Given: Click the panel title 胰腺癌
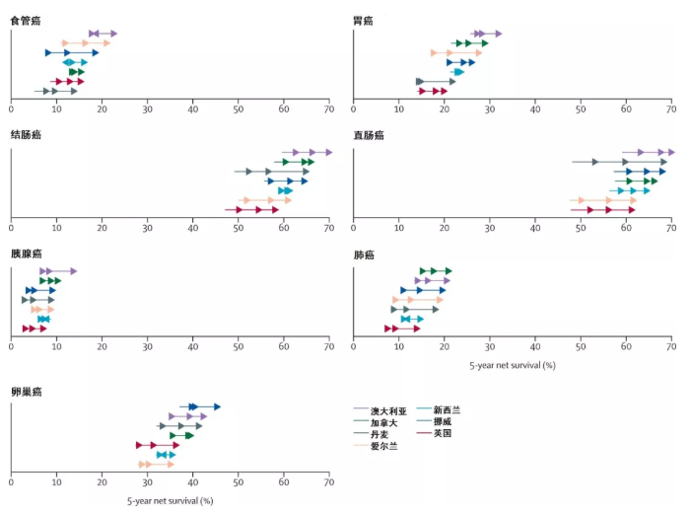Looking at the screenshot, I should click(25, 254).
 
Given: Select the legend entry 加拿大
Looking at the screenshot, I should click(384, 422).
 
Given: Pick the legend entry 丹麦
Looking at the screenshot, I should click(380, 434).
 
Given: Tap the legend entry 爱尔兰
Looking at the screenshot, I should click(384, 446).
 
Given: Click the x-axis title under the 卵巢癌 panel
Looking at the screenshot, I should click(170, 501).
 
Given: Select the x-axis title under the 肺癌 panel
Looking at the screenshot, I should click(512, 365).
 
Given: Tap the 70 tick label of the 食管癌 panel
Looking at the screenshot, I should click(328, 109).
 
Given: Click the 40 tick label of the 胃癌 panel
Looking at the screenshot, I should click(535, 109).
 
